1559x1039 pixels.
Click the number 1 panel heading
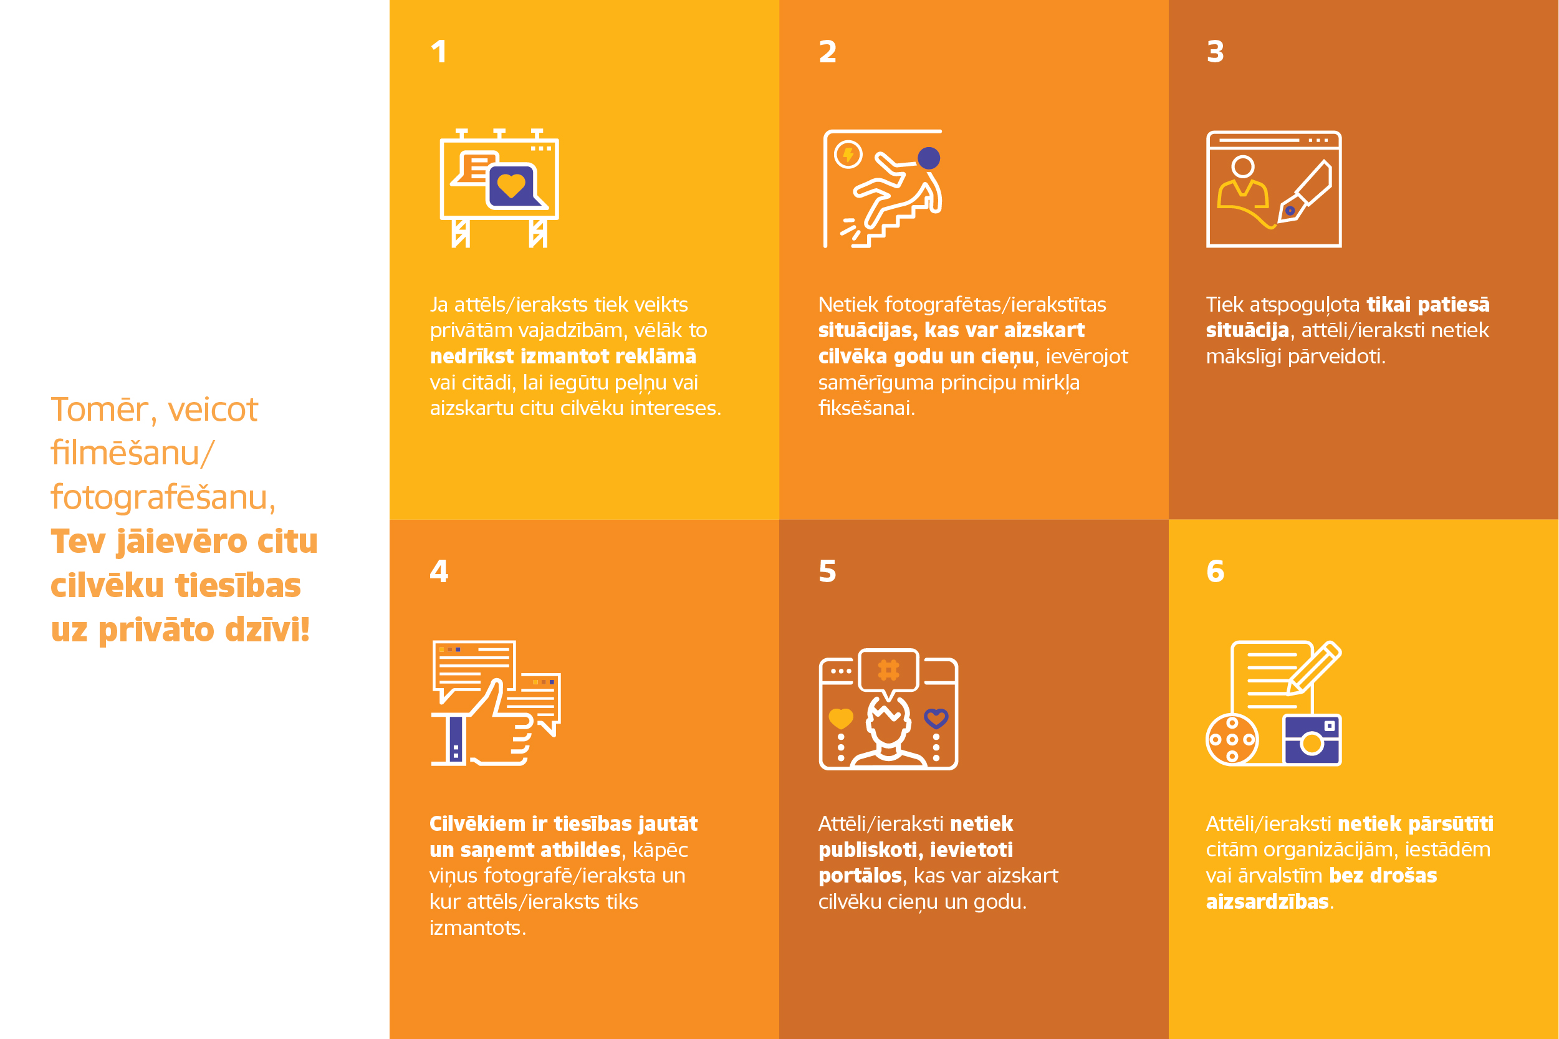[x=439, y=52]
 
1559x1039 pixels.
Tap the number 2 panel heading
[x=828, y=52]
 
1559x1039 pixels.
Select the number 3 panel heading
[x=1215, y=52]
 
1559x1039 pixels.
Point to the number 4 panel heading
[x=439, y=570]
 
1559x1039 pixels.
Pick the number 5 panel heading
[x=828, y=570]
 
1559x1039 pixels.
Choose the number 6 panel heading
[x=1215, y=570]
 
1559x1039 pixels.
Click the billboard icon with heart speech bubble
[x=499, y=188]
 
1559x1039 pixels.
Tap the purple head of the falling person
[x=929, y=158]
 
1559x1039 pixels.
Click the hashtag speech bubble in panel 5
[x=888, y=672]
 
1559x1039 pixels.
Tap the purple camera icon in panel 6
[x=1312, y=739]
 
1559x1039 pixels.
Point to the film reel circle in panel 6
[x=1232, y=739]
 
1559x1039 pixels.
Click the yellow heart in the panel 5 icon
[x=841, y=718]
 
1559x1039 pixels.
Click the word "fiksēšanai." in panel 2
[x=866, y=408]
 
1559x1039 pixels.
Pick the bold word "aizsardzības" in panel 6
[x=1267, y=902]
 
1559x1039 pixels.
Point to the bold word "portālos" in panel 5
[x=860, y=876]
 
